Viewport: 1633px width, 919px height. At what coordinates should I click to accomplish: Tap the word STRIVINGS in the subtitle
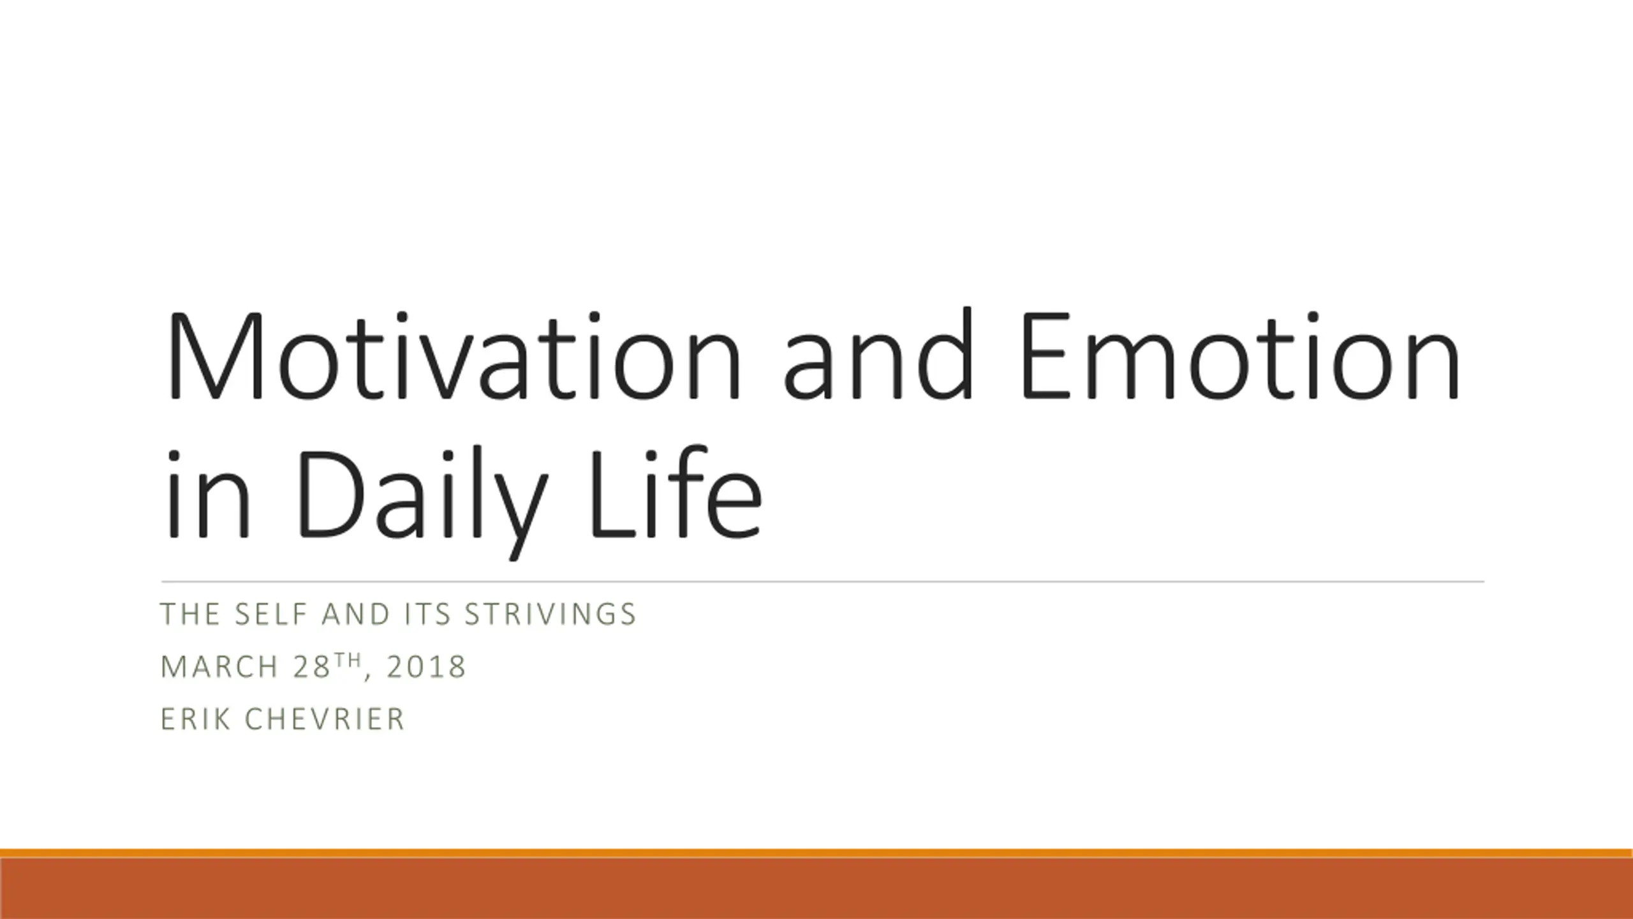click(x=550, y=614)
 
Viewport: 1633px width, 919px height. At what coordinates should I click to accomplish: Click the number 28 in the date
click(x=312, y=667)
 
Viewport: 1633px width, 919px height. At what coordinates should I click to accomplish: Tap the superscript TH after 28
click(x=348, y=660)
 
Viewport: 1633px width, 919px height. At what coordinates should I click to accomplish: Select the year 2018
click(x=426, y=667)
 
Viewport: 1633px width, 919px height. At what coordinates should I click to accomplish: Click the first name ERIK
click(x=195, y=719)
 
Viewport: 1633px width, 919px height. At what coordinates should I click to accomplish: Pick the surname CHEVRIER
click(x=325, y=719)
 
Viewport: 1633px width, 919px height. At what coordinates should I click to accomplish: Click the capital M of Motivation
click(x=213, y=357)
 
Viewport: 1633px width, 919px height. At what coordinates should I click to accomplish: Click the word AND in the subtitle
click(x=356, y=614)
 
